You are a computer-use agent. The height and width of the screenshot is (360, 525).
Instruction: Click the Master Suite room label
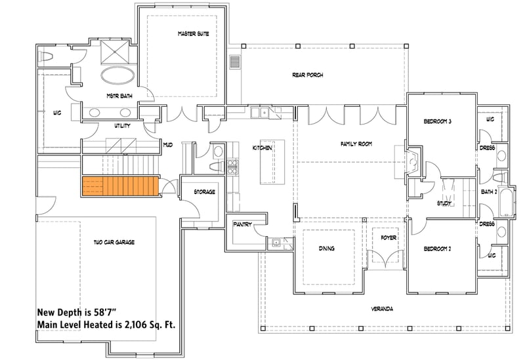[193, 33]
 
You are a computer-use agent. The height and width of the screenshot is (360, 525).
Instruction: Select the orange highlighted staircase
[121, 186]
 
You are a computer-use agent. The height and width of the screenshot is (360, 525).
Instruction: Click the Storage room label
[204, 192]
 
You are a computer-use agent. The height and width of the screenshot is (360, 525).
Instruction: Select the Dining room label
[327, 249]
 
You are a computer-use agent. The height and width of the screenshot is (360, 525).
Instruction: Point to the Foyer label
[388, 237]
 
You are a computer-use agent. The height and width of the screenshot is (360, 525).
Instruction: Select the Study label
[445, 204]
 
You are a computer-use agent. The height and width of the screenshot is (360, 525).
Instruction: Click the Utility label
[122, 125]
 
